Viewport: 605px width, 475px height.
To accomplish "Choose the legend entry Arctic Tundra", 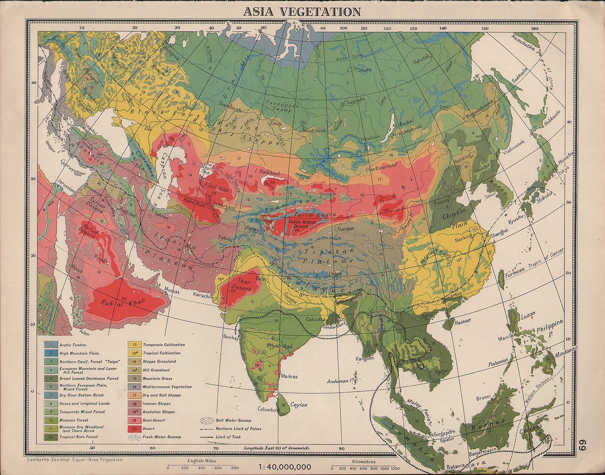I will (x=72, y=345).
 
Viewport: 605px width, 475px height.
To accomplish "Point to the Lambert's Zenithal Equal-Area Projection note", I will (x=75, y=460).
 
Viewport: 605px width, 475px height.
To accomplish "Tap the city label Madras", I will (x=290, y=376).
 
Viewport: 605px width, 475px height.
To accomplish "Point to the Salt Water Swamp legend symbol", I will (x=205, y=420).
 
